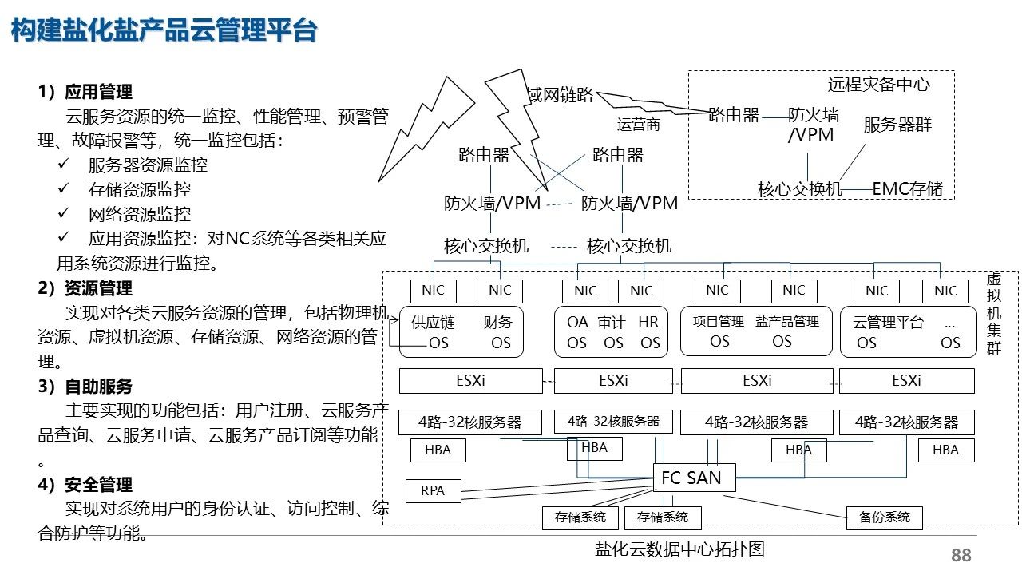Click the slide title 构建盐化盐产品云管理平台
[x=164, y=30]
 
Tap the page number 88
[x=961, y=555]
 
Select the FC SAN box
[x=691, y=478]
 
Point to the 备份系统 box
[x=884, y=517]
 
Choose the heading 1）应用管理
[x=85, y=92]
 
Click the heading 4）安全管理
[x=85, y=485]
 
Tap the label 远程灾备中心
[x=878, y=85]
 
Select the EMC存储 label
[x=907, y=189]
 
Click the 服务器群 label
[x=897, y=125]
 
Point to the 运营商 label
[x=639, y=125]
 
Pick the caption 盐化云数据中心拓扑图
[x=679, y=549]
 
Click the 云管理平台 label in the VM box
[x=888, y=323]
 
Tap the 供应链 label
[x=433, y=323]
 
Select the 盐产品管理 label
[x=786, y=322]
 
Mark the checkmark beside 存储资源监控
[x=64, y=190]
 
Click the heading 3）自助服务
[x=85, y=387]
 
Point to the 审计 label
[x=612, y=323]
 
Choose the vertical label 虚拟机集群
[x=993, y=313]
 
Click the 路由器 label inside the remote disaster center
[x=734, y=115]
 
